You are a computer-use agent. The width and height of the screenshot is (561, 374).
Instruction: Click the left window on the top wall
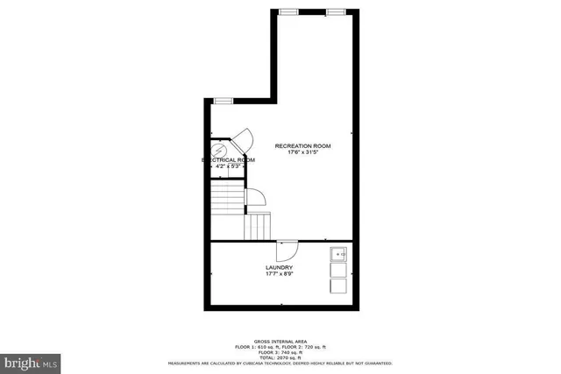(288, 11)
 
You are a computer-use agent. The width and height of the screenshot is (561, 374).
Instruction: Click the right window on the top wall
(335, 11)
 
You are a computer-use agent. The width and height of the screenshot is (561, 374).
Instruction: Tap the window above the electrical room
(223, 102)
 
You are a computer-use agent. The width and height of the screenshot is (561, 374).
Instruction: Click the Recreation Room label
(302, 145)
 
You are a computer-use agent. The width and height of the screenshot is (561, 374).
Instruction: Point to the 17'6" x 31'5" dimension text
(302, 153)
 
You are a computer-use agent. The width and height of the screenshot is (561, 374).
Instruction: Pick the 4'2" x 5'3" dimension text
(228, 166)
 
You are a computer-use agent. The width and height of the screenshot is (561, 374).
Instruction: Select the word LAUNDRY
(279, 267)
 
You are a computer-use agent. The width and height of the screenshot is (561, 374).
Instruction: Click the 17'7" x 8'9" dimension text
(279, 274)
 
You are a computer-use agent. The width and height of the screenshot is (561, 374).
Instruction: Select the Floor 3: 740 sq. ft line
(280, 352)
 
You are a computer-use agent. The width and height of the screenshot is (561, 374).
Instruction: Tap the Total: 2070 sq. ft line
(280, 357)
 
